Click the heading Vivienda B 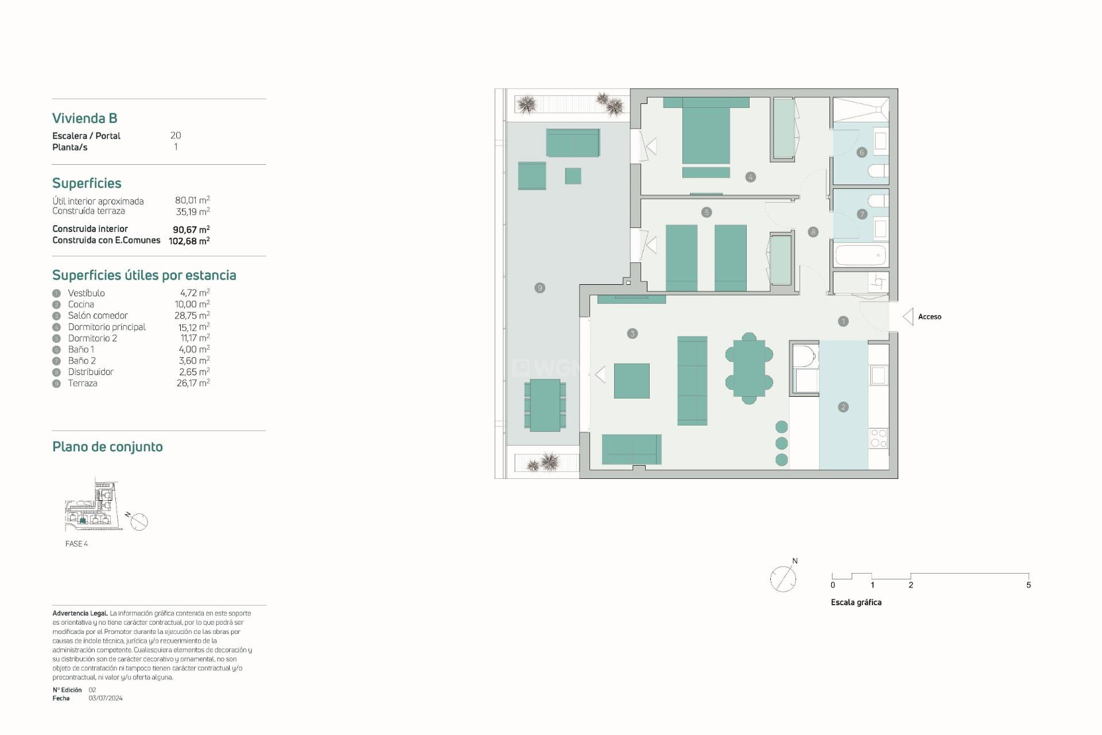tap(85, 118)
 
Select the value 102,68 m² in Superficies tap(189, 241)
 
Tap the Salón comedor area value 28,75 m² tap(192, 316)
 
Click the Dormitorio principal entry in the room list tap(107, 327)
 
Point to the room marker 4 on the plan tap(750, 177)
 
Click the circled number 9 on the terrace tap(540, 288)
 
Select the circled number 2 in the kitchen tap(843, 407)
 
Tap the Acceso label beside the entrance tap(929, 317)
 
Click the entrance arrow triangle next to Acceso tap(908, 316)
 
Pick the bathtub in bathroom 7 tap(860, 256)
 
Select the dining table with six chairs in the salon tap(749, 368)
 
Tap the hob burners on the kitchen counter tap(878, 439)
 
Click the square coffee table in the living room tap(631, 381)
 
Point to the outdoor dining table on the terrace tap(545, 405)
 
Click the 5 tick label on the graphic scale tap(1028, 585)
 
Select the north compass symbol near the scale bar tap(783, 578)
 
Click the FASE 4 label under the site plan tap(76, 544)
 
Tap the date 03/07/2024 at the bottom tap(106, 698)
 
